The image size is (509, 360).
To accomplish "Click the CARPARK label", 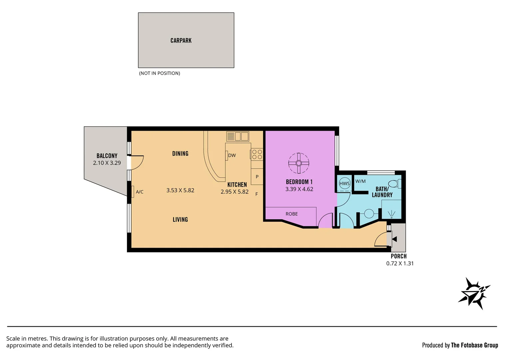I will [181, 41].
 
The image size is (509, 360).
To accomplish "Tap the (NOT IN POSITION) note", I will [160, 73].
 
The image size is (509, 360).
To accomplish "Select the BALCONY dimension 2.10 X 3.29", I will [107, 163].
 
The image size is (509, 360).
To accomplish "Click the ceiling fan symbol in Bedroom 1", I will [298, 163].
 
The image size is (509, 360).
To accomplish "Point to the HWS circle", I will [344, 184].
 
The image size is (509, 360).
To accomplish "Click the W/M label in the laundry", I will [360, 181].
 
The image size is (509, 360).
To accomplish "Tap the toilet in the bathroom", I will [394, 184].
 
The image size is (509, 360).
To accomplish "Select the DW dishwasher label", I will [232, 155].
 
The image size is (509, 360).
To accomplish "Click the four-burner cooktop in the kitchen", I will [257, 154].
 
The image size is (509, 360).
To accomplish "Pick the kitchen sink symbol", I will [238, 136].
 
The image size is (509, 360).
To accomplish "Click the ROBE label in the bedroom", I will [291, 214].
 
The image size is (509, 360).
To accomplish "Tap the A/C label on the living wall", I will [140, 192].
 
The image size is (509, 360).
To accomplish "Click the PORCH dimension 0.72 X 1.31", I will [400, 263].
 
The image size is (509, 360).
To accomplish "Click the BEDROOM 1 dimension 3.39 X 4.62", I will [299, 189].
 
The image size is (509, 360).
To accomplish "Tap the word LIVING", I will [180, 220].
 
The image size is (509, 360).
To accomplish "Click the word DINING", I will [180, 154].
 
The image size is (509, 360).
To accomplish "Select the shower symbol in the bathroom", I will [391, 214].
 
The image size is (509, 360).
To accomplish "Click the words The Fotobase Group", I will [474, 345].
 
